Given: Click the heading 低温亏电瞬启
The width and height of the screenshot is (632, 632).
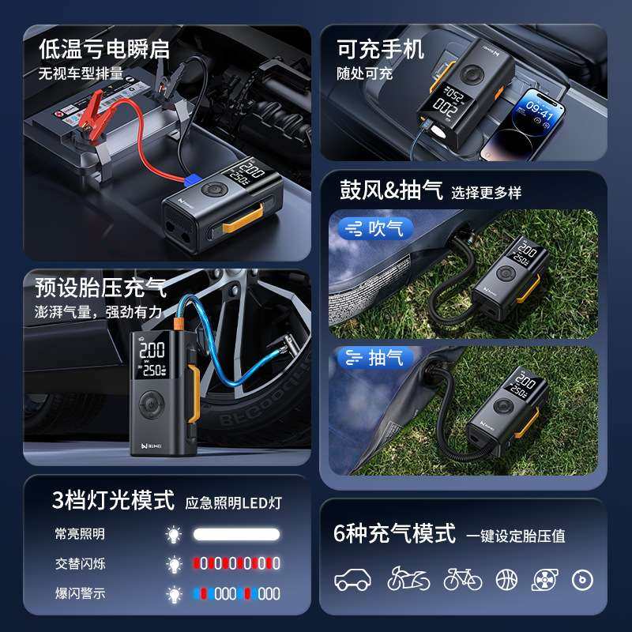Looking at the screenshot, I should (x=103, y=49).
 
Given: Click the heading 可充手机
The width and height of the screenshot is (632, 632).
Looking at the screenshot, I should (x=380, y=49).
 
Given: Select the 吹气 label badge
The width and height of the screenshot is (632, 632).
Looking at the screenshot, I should (x=376, y=229).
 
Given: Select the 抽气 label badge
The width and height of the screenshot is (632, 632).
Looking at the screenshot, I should (x=376, y=358).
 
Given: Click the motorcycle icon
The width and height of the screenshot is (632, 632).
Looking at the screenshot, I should (x=408, y=579).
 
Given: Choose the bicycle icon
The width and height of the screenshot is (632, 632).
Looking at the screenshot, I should (x=462, y=579).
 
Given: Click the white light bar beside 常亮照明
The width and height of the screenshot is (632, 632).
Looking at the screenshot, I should (x=237, y=535).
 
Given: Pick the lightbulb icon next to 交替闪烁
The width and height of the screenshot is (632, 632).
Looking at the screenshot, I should (x=174, y=564).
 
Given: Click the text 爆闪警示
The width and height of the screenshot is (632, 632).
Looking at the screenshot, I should (x=80, y=593).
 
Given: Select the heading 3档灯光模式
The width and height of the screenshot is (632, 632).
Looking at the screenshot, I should (x=113, y=500).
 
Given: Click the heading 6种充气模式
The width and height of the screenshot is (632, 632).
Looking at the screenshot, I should (x=394, y=533).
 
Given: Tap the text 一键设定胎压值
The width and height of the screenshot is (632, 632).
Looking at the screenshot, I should (x=515, y=536).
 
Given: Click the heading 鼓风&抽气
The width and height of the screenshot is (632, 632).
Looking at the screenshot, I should (x=390, y=190).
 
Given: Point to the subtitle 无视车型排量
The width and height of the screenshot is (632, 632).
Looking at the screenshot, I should (x=81, y=73).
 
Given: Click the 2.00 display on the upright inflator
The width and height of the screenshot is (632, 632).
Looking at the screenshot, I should (x=152, y=350).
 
